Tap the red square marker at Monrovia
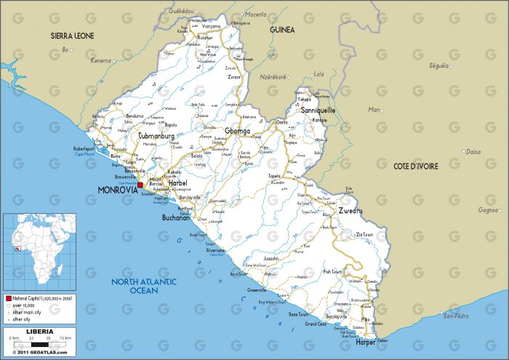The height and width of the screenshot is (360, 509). pyautogui.click(x=140, y=185)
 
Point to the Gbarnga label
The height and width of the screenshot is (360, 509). pyautogui.click(x=237, y=131)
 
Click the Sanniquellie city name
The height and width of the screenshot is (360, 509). pyautogui.click(x=318, y=111)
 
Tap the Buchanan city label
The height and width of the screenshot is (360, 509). pyautogui.click(x=176, y=217)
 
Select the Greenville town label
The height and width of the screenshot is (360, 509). pyautogui.click(x=257, y=289)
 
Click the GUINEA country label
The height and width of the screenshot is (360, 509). pyautogui.click(x=281, y=30)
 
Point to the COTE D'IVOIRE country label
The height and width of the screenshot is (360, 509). pyautogui.click(x=415, y=167)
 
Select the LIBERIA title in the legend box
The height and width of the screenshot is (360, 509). pyautogui.click(x=39, y=332)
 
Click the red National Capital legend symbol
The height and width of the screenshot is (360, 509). pyautogui.click(x=8, y=299)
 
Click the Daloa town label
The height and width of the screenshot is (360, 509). pyautogui.click(x=473, y=152)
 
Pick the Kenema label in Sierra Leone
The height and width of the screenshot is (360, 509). pyautogui.click(x=101, y=60)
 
